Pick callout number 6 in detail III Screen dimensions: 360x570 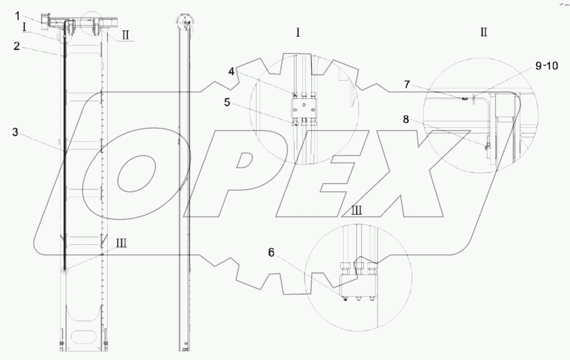tap(271, 252)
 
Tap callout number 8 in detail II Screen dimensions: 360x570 tap(406, 119)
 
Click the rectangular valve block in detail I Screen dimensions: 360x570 tap(304, 109)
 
